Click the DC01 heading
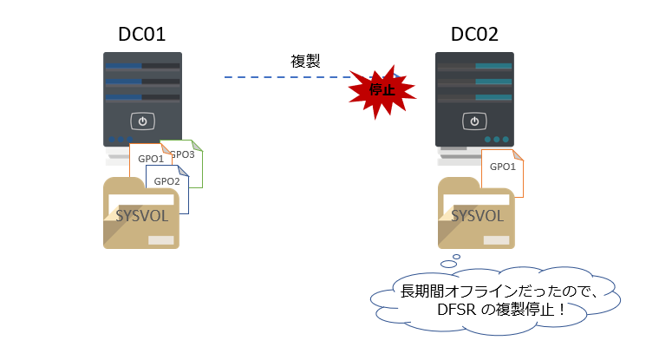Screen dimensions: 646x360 (141, 34)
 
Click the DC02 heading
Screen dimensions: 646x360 (474, 34)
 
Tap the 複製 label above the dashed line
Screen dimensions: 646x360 (305, 62)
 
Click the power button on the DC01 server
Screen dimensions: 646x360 (142, 121)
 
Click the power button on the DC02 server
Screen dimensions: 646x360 (474, 121)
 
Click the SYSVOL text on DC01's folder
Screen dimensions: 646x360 (141, 216)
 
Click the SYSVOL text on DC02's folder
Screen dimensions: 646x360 (477, 216)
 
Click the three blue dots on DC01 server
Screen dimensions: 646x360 (121, 140)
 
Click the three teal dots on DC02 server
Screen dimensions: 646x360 (497, 140)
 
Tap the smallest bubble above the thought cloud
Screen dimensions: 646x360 (456, 257)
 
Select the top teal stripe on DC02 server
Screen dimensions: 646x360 (493, 66)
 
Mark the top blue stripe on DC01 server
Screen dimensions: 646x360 (124, 66)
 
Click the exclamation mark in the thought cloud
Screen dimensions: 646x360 (562, 310)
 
